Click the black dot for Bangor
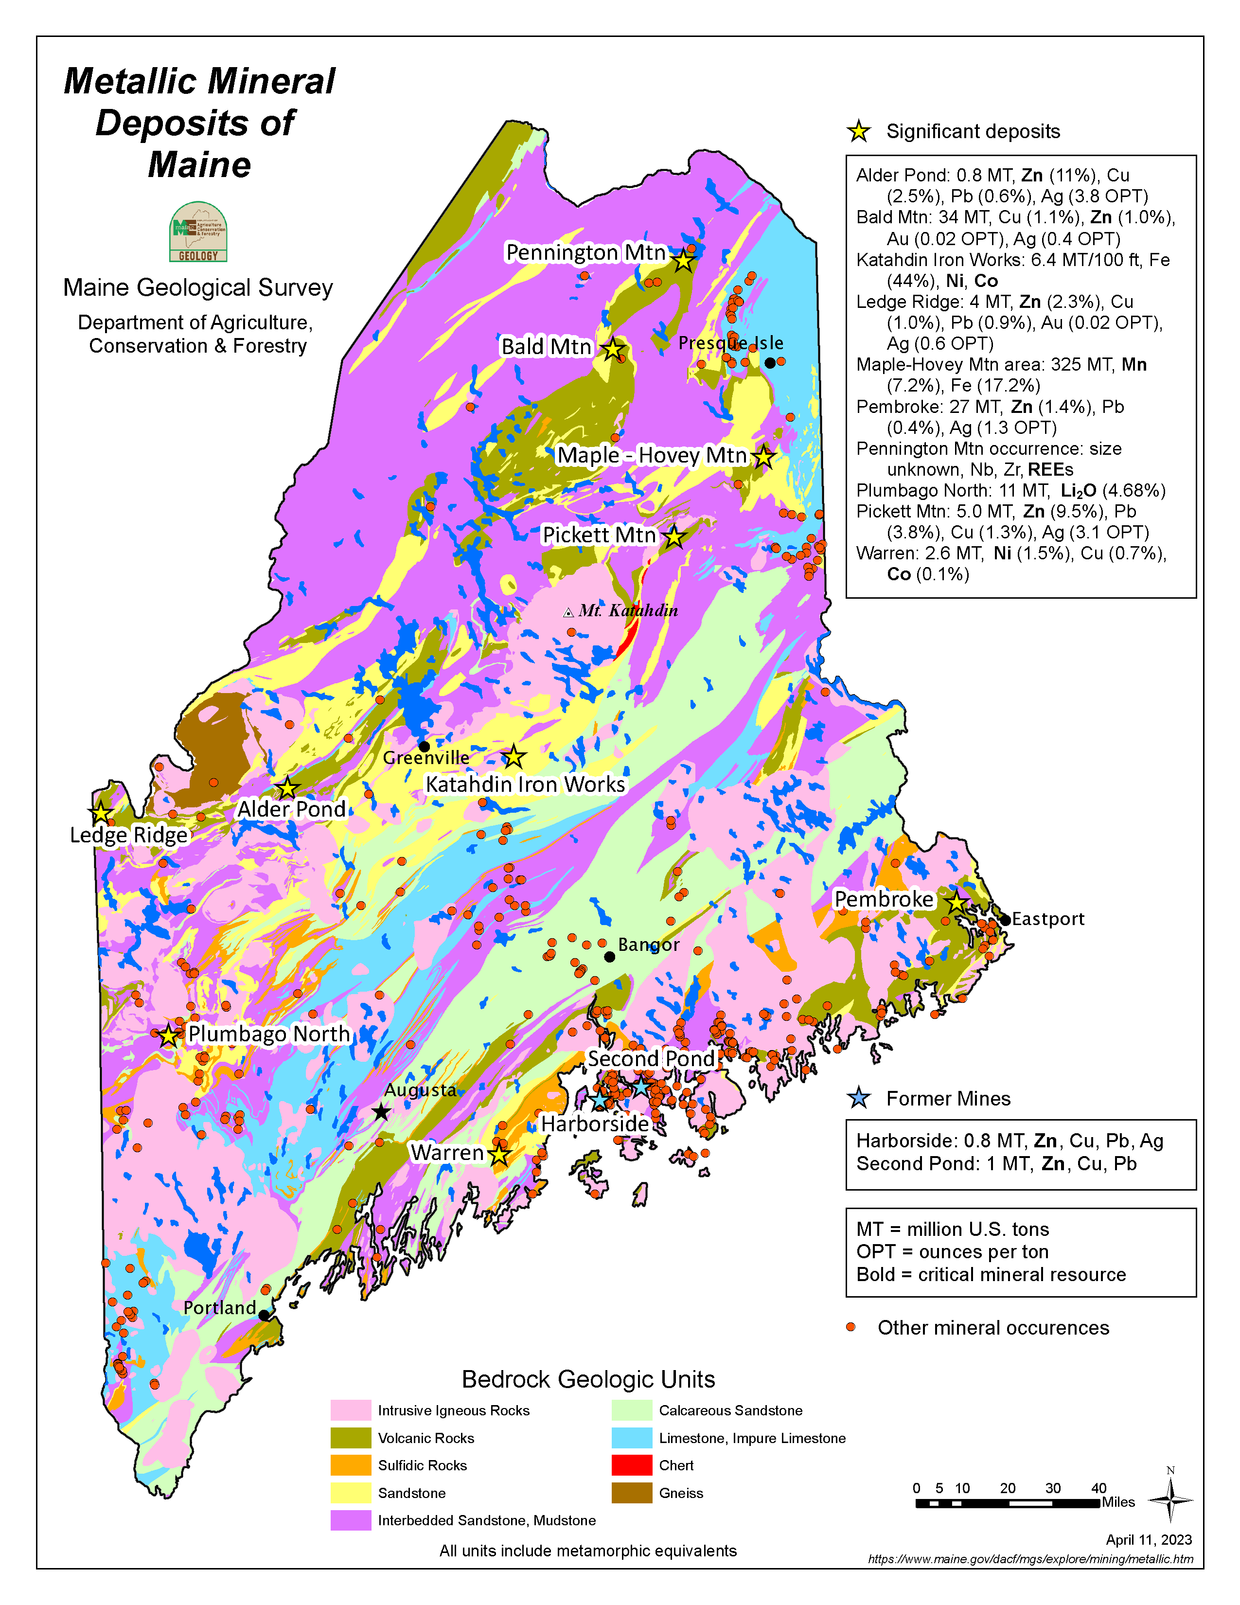[x=609, y=956]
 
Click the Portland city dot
[x=264, y=1315]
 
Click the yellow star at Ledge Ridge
[x=101, y=814]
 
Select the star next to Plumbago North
[x=169, y=1035]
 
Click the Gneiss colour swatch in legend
[x=631, y=1493]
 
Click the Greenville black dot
[x=424, y=747]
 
